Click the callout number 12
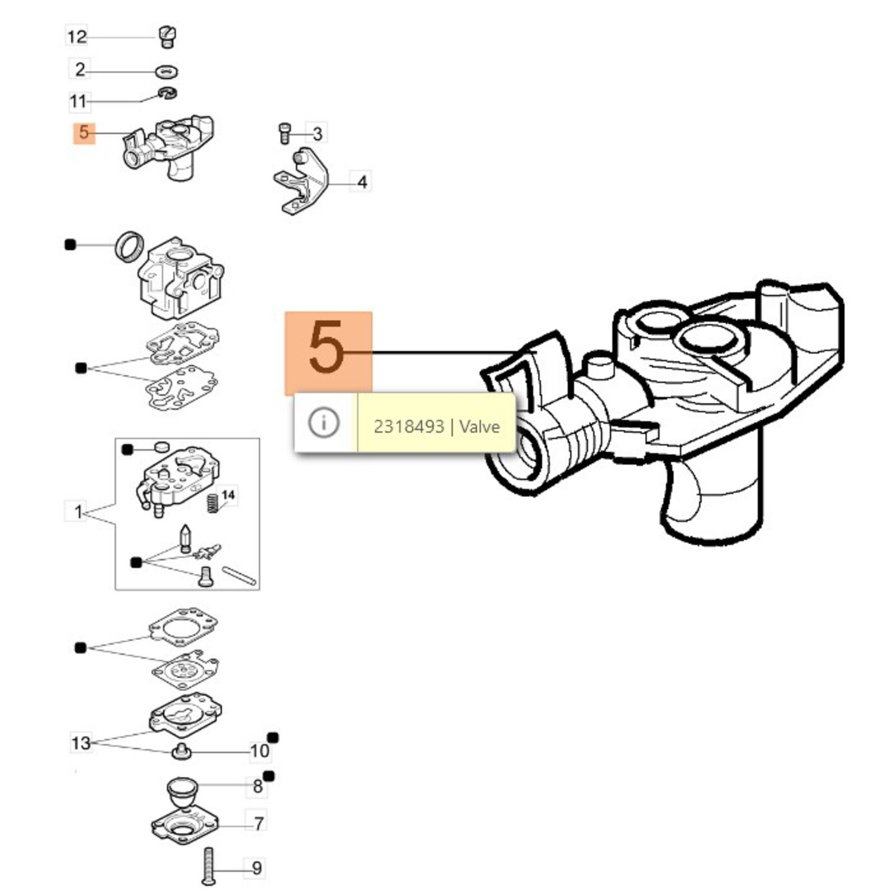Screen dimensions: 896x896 77,37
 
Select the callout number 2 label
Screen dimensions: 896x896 80,69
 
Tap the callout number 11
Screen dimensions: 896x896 78,101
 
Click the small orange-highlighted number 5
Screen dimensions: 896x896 84,133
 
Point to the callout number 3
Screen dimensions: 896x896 317,134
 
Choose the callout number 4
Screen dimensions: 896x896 362,182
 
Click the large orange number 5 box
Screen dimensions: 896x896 328,353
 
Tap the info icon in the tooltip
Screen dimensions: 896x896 324,422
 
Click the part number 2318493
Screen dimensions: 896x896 409,427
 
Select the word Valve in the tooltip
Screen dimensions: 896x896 479,427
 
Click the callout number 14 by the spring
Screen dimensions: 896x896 228,495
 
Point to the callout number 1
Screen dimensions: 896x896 78,512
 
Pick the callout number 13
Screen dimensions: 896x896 81,743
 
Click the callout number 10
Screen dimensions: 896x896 259,751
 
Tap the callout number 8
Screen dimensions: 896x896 257,786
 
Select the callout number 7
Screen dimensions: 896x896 258,824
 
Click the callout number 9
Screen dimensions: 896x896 256,868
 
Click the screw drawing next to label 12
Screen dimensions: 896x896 166,36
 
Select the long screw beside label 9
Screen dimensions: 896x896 208,866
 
